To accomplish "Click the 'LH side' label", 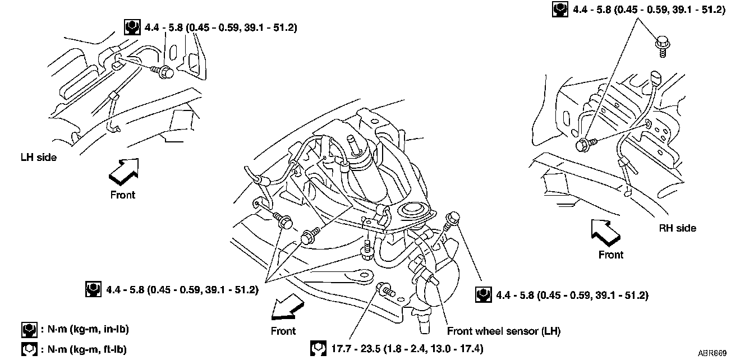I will [38, 158].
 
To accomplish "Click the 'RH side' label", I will [677, 228].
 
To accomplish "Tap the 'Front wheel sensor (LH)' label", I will [503, 331].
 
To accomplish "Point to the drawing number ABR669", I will [712, 353].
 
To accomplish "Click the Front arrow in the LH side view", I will [123, 170].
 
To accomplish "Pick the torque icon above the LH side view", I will [131, 26].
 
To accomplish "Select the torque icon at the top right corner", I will [559, 10].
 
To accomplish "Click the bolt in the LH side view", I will [165, 72].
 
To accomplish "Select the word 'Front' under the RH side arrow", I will [610, 255].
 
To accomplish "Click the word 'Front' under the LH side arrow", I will [122, 195].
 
